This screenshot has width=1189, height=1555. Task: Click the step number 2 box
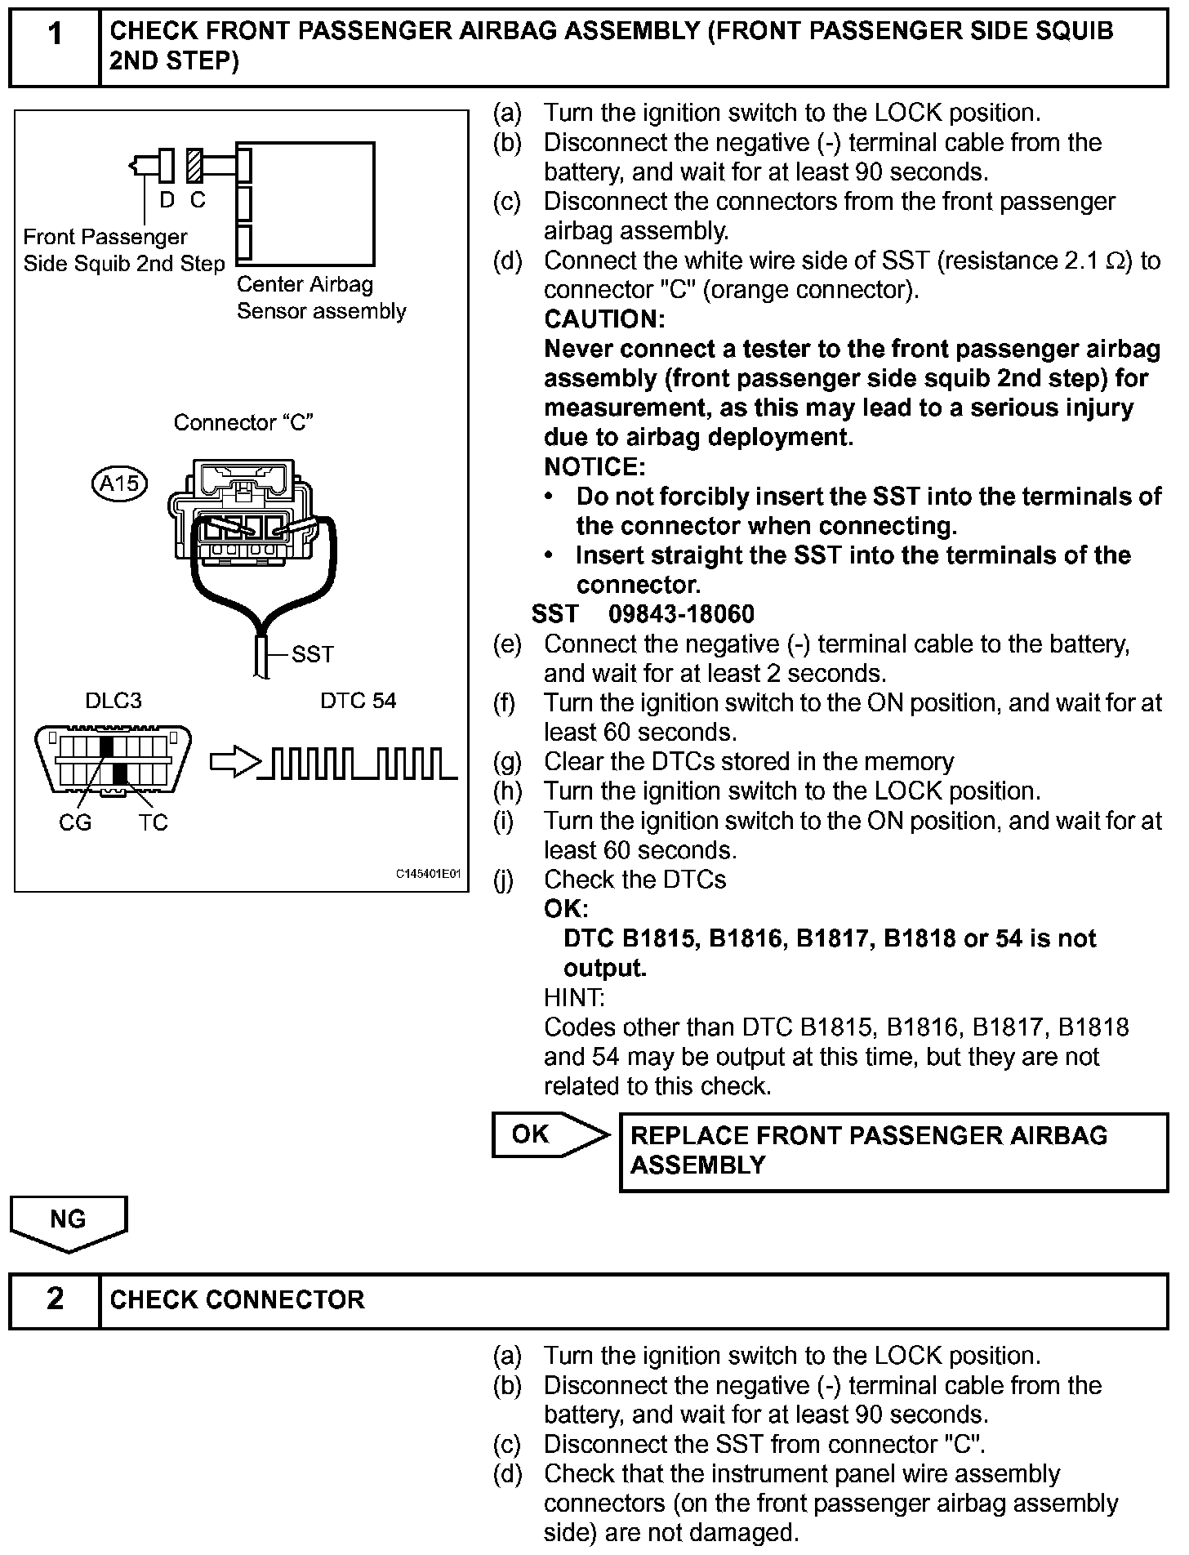55,1299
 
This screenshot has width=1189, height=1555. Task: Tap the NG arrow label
69,1220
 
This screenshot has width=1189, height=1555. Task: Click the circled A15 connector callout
120,483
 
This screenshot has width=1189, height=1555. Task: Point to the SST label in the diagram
313,654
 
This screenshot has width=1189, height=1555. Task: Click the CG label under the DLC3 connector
75,822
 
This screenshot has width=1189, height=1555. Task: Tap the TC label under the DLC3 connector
153,822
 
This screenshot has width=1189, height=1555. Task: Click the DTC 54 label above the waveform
358,701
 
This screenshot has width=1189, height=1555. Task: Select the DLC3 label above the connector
114,701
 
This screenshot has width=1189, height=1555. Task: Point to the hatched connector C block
194,166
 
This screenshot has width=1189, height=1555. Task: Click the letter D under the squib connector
167,200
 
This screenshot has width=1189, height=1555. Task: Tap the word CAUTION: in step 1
604,319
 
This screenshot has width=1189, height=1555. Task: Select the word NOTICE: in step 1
594,467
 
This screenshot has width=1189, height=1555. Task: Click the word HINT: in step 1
574,997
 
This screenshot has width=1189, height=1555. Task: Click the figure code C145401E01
429,874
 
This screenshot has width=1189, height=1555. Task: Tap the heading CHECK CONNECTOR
237,1299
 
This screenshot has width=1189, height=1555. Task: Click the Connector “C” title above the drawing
244,423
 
